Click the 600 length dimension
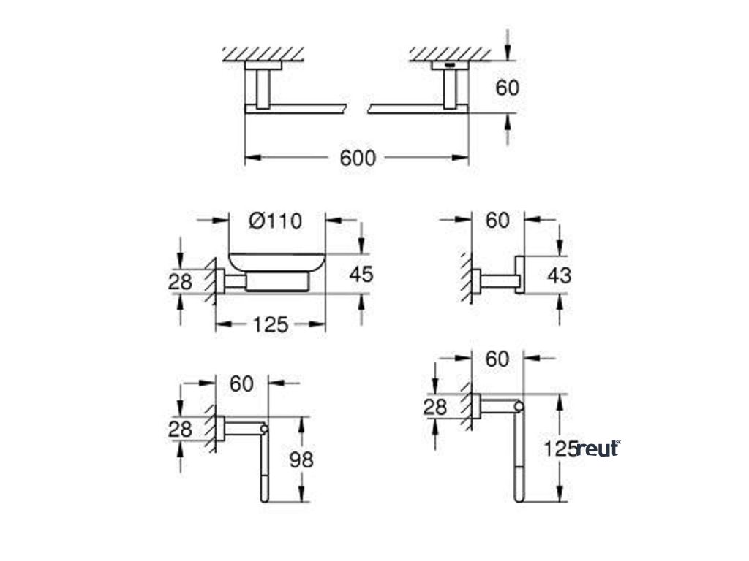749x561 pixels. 357,157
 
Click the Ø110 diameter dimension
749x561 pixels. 275,220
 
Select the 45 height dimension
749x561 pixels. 361,274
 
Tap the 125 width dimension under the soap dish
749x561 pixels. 271,324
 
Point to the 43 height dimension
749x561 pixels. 559,275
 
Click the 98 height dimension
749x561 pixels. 301,459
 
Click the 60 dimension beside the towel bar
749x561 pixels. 507,88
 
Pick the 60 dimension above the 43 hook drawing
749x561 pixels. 497,220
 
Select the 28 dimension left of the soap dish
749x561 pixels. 180,280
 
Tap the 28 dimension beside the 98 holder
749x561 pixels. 180,429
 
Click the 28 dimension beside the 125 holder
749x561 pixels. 435,406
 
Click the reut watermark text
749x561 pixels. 598,449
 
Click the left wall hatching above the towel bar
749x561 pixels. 263,53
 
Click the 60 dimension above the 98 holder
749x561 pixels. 241,383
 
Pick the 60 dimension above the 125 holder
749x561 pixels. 497,359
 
